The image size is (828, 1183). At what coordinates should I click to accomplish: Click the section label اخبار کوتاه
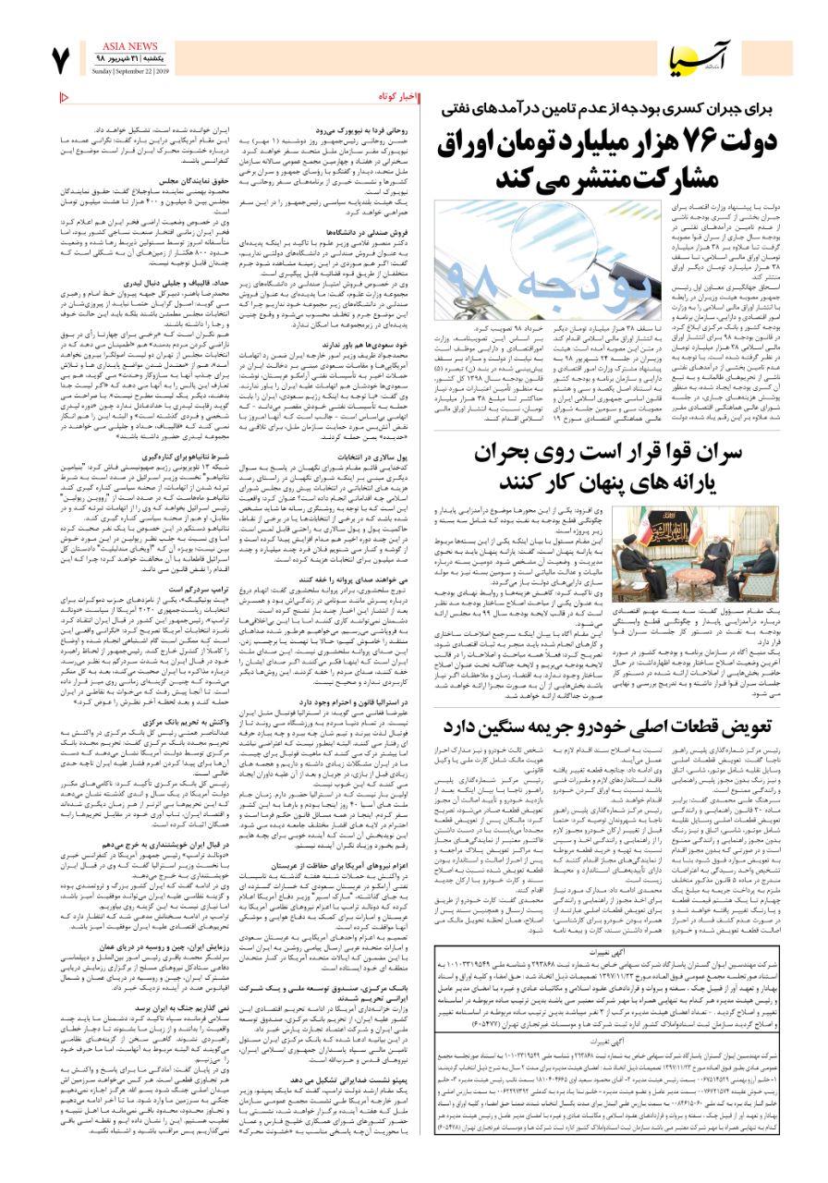click(x=398, y=97)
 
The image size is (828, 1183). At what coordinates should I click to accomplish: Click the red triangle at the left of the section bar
click(x=65, y=97)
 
